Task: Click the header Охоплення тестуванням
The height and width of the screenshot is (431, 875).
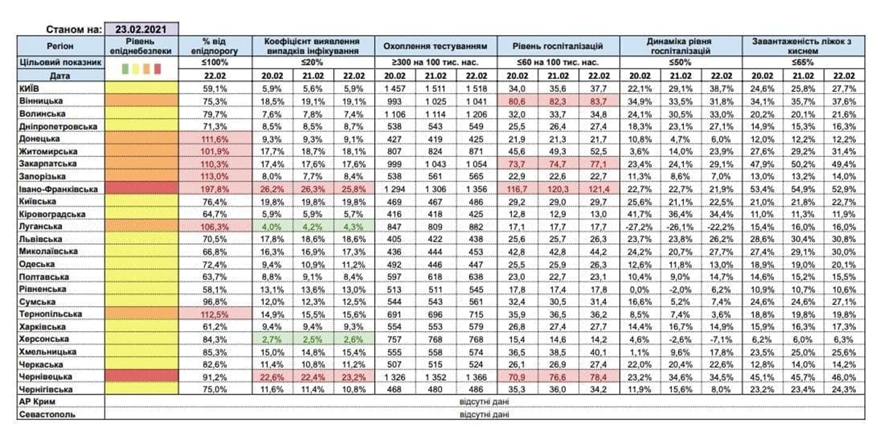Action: point(436,47)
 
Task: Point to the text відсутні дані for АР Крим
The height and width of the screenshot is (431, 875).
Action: point(478,402)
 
